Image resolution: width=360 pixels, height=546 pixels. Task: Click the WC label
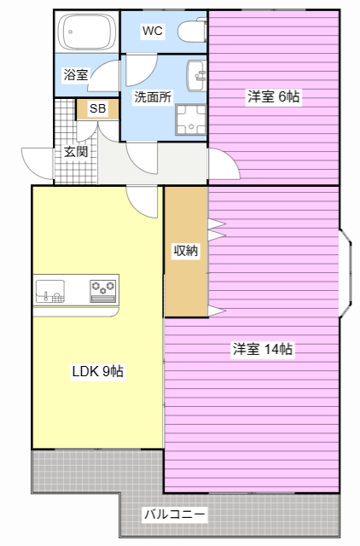click(153, 31)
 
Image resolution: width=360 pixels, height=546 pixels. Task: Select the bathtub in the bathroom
click(87, 32)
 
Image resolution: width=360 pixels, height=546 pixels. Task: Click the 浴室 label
click(76, 74)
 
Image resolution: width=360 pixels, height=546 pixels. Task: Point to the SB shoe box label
click(97, 108)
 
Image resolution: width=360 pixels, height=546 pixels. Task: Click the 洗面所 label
click(154, 96)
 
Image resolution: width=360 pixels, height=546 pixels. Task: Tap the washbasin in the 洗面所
click(197, 76)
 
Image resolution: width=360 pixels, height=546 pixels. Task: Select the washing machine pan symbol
click(191, 119)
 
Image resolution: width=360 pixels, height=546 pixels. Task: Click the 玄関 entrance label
click(76, 152)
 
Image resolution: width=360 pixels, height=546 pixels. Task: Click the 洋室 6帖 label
click(274, 96)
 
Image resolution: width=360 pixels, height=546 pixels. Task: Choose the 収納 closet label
click(186, 250)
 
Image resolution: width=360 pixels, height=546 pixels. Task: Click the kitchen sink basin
click(50, 290)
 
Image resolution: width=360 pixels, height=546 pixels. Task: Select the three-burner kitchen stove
click(103, 290)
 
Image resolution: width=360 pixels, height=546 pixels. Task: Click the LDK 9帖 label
click(98, 371)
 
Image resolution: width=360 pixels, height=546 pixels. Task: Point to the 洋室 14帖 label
click(263, 349)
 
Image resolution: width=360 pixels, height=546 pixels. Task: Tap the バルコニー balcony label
click(174, 514)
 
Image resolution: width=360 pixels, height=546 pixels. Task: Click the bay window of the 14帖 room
click(345, 273)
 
